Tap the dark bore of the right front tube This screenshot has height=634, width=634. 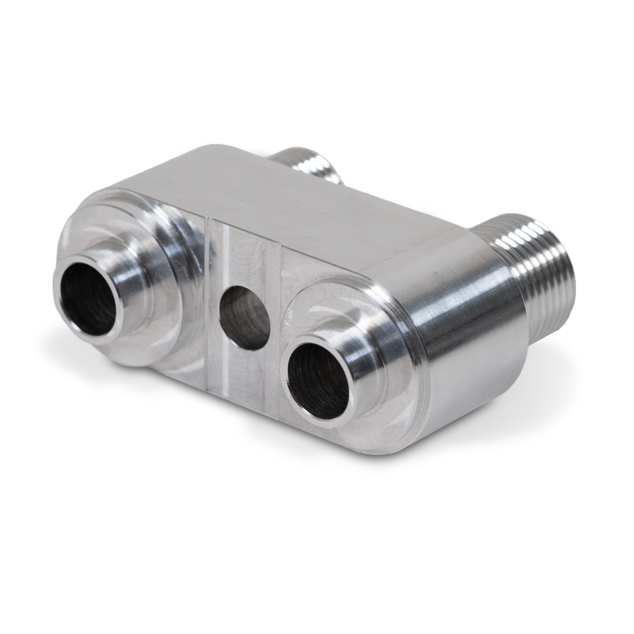pyautogui.click(x=319, y=382)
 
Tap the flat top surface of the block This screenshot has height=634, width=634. pyautogui.click(x=277, y=198)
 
